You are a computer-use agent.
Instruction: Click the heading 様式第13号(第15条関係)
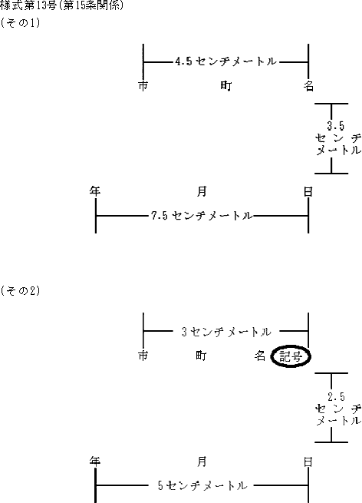pyautogui.click(x=61, y=5)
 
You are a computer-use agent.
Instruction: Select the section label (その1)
pyautogui.click(x=20, y=23)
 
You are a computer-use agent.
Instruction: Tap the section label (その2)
pyautogui.click(x=20, y=290)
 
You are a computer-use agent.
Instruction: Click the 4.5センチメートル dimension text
pyautogui.click(x=225, y=61)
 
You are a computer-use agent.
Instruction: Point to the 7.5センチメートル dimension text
pyautogui.click(x=202, y=215)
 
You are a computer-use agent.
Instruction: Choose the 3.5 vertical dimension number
pyautogui.click(x=336, y=126)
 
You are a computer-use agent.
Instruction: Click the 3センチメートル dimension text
pyautogui.click(x=226, y=332)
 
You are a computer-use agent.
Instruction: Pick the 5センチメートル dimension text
pyautogui.click(x=202, y=485)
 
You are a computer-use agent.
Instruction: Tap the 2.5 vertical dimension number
pyautogui.click(x=336, y=397)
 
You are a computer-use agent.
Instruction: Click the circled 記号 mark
pyautogui.click(x=291, y=356)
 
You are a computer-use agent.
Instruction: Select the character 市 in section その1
pyautogui.click(x=143, y=86)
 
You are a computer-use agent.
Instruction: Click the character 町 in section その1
pyautogui.click(x=225, y=86)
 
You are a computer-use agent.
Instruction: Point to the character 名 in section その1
pyautogui.click(x=308, y=86)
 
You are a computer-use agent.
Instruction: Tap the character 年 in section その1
pyautogui.click(x=95, y=191)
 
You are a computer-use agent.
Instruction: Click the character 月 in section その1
pyautogui.click(x=202, y=191)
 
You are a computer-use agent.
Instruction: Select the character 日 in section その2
pyautogui.click(x=308, y=462)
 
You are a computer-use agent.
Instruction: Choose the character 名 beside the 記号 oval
pyautogui.click(x=260, y=356)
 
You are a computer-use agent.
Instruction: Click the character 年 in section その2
pyautogui.click(x=95, y=462)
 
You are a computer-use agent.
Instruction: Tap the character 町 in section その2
pyautogui.click(x=201, y=356)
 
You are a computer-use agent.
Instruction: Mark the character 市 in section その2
pyautogui.click(x=143, y=356)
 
